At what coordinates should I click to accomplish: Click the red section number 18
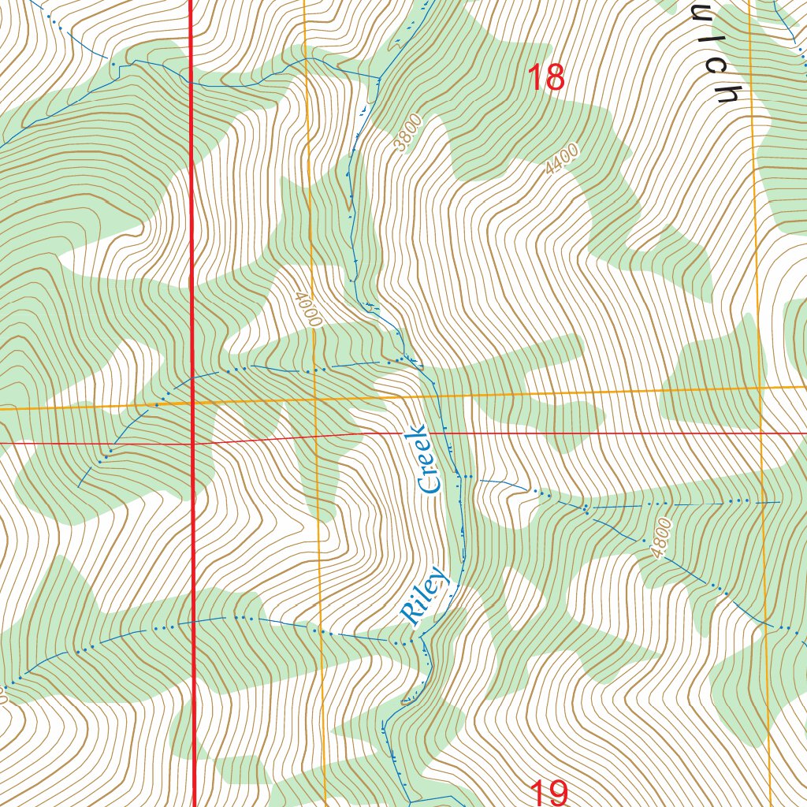click(545, 78)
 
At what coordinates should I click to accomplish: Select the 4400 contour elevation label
click(562, 160)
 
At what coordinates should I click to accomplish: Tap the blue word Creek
click(426, 459)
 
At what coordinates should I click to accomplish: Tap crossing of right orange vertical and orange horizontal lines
click(761, 389)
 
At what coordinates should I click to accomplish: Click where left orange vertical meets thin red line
click(317, 435)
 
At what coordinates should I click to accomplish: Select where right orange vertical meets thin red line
click(762, 433)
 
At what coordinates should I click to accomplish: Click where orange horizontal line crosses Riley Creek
click(435, 395)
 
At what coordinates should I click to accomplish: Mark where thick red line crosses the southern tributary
click(193, 621)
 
